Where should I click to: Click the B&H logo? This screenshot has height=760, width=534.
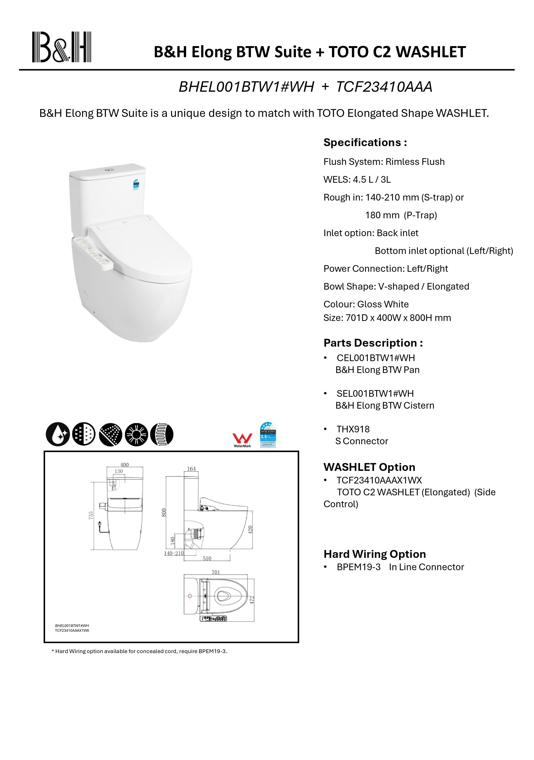61,47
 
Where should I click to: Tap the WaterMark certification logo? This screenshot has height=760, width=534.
242,440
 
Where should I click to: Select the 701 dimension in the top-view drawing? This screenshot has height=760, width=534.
215,572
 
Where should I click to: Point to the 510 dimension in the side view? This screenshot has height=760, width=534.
207,558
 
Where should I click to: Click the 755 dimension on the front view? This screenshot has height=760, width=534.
91,515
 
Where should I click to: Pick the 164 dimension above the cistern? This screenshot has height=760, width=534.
192,469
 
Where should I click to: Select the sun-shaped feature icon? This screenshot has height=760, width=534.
136,434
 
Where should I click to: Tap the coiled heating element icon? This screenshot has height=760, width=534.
162,434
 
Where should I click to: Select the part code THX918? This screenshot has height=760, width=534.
353,429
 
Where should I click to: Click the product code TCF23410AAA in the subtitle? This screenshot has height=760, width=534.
384,87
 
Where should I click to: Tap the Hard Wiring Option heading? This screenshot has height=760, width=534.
375,554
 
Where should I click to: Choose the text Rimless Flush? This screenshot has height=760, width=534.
415,162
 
